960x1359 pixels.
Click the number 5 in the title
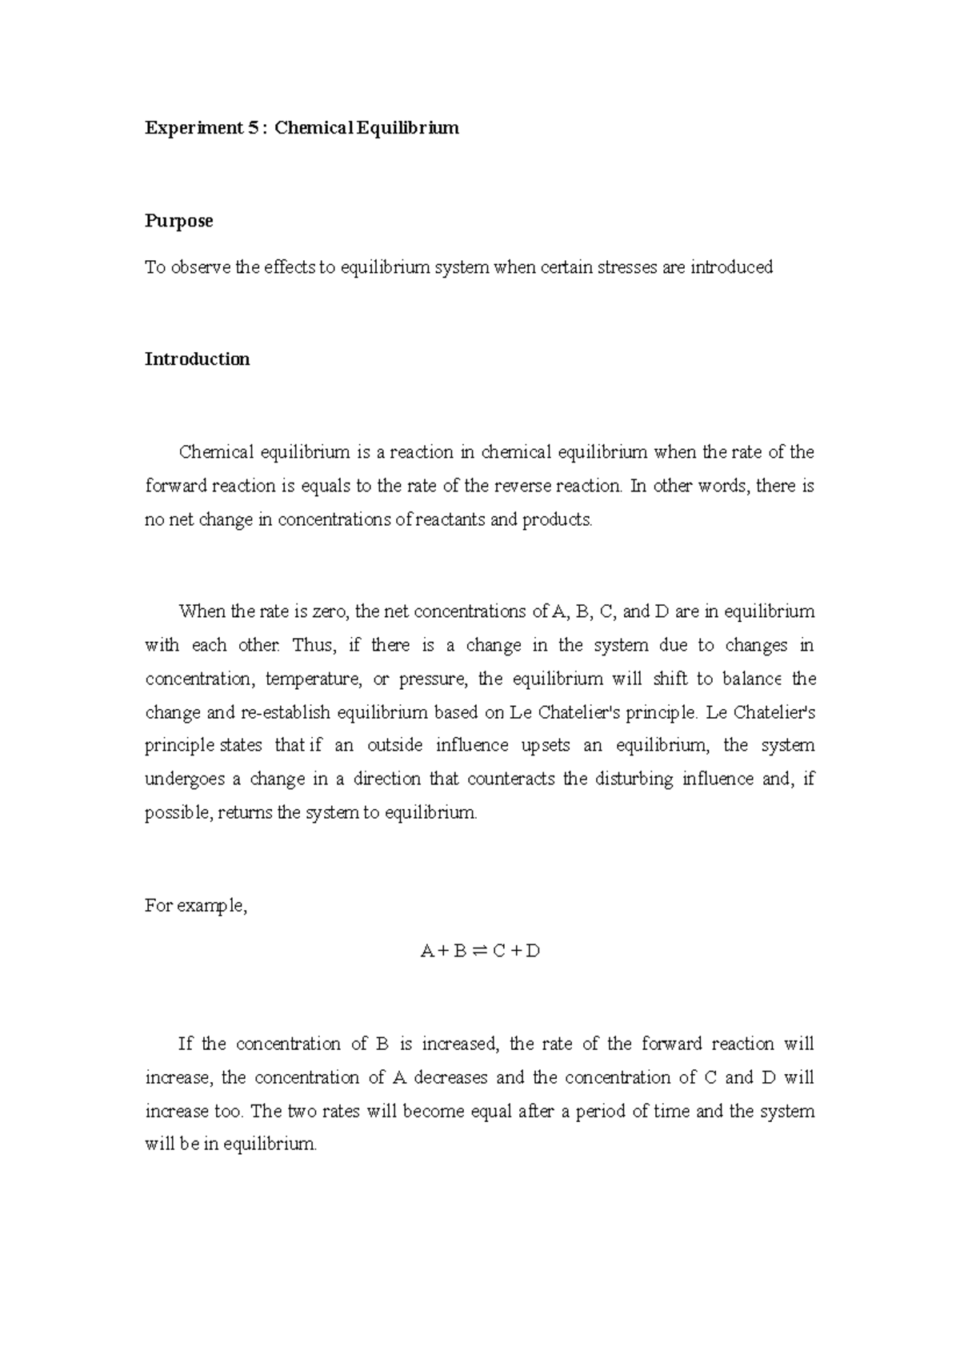click(253, 128)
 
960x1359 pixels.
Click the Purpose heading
click(178, 221)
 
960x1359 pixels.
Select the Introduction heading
click(197, 359)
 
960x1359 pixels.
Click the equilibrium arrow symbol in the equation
click(478, 952)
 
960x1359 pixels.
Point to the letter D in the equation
click(534, 952)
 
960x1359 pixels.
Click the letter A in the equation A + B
click(426, 952)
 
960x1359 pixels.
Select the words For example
click(195, 906)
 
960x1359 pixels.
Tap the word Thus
click(310, 646)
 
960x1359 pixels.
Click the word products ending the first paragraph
click(557, 520)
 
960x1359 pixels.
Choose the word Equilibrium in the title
click(407, 128)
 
